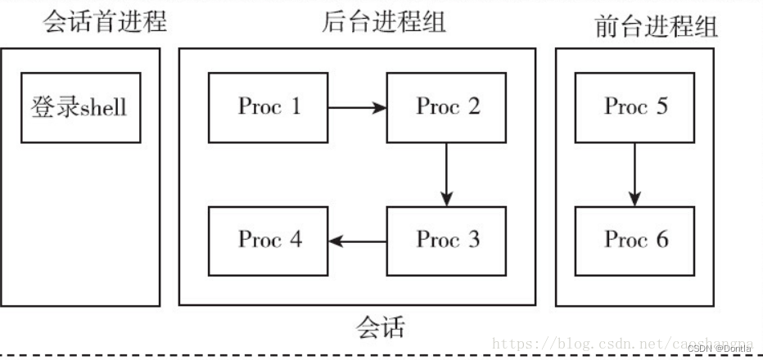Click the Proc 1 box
269,107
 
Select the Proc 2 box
447,107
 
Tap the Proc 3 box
447,241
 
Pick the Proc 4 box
269,241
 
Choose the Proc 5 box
635,107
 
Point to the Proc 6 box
635,241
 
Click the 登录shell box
80,107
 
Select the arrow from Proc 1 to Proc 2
357,107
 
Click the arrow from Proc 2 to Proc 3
446,174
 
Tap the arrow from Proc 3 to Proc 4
358,241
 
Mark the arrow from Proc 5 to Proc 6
635,174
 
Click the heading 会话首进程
105,21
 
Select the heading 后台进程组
383,21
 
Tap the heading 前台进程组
657,27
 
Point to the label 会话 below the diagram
381,328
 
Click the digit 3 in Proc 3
472,240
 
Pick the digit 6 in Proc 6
661,240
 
